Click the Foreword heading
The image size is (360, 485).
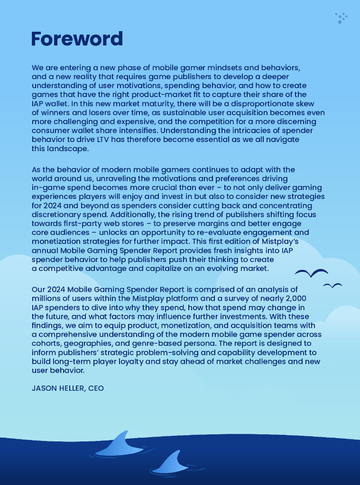pos(77,39)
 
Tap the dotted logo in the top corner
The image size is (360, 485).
pos(341,18)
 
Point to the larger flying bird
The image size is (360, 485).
pos(311,273)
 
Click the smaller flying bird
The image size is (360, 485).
pos(332,286)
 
